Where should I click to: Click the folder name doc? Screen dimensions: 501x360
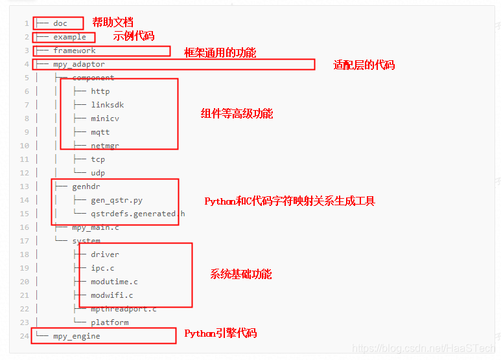[x=60, y=23]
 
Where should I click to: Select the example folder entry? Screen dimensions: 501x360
[x=69, y=37]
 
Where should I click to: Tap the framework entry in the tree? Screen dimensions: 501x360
[x=74, y=51]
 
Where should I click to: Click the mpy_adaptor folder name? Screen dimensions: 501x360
[x=78, y=64]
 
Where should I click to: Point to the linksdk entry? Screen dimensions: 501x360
[x=107, y=105]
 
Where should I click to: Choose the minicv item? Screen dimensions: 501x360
[x=104, y=118]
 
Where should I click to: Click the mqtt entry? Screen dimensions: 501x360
[x=100, y=132]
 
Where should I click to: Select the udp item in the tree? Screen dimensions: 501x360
[x=97, y=173]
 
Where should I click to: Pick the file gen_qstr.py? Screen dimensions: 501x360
[x=116, y=200]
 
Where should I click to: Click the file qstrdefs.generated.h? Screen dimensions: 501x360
[x=137, y=214]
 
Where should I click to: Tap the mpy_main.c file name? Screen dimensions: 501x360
[x=95, y=227]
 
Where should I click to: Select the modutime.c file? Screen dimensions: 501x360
[x=114, y=282]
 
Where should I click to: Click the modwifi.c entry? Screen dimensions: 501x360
[x=111, y=295]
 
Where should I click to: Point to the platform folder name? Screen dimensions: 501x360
[x=110, y=322]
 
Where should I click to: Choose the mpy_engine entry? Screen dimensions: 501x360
[x=76, y=336]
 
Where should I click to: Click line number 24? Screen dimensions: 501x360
[x=25, y=336]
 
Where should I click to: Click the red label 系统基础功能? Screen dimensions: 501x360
[x=240, y=274]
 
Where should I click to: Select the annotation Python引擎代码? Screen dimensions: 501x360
[x=220, y=333]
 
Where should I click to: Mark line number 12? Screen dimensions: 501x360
[x=25, y=173]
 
